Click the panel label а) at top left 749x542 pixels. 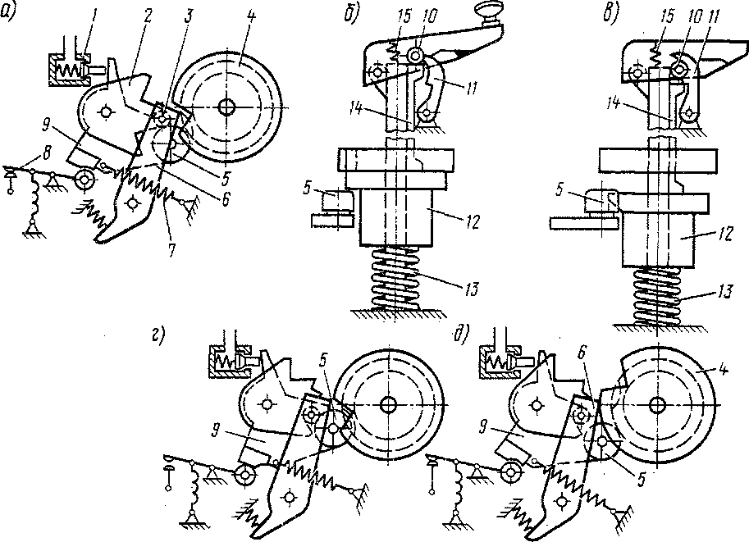pyautogui.click(x=8, y=11)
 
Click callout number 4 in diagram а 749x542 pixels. pyautogui.click(x=251, y=17)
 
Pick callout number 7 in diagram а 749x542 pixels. pyautogui.click(x=171, y=250)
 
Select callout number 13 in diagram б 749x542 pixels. pyautogui.click(x=471, y=289)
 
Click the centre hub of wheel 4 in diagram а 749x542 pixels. pyautogui.click(x=226, y=107)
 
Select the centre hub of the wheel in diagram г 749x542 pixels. pyautogui.click(x=388, y=405)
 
